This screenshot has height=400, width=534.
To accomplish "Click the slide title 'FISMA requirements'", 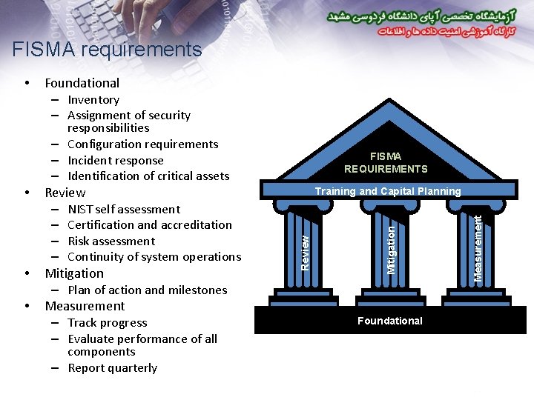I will tap(107, 50).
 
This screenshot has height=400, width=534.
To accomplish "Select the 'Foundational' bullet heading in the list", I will tap(82, 83).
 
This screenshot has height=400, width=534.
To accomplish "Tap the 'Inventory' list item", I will tap(93, 100).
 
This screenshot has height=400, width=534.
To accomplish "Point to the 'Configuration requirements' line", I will tap(142, 144).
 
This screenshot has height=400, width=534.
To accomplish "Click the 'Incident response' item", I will tap(115, 161).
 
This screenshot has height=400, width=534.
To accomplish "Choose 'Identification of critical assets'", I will tap(148, 176).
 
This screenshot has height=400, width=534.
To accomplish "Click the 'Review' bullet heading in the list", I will tap(65, 193).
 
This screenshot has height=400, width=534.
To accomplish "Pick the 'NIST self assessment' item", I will tap(124, 210).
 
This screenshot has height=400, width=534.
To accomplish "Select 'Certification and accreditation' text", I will tap(149, 225).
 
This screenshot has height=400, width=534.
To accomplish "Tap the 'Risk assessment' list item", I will tap(111, 241).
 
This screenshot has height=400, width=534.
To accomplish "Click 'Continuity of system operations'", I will tap(154, 257).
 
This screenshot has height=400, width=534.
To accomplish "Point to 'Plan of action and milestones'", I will tap(147, 290).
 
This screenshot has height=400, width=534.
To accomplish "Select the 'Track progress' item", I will tap(107, 323).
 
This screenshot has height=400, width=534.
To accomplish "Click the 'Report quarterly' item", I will tap(112, 368).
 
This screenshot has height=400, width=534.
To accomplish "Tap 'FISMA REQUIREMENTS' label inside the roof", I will tap(386, 162).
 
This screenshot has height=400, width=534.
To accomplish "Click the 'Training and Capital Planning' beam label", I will tap(388, 191).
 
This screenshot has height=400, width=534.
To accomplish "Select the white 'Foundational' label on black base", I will tap(390, 321).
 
